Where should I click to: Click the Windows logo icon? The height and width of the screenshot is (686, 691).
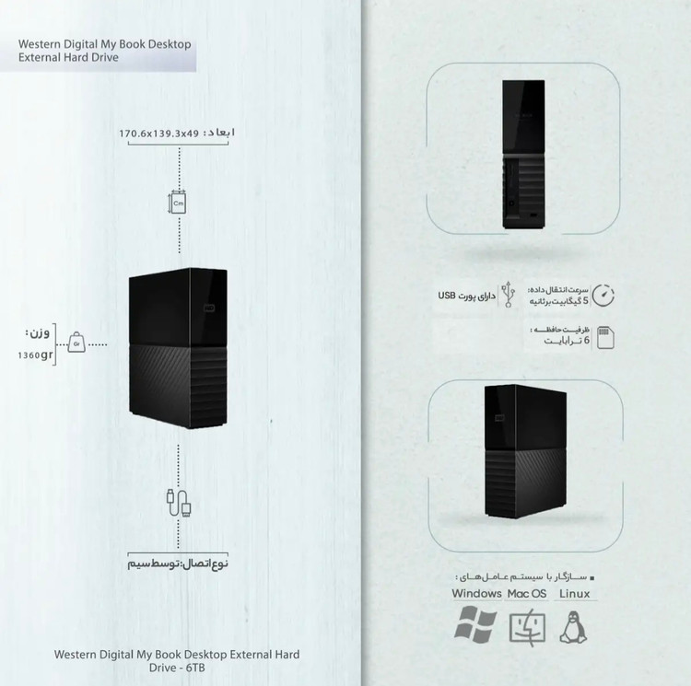coord(475,624)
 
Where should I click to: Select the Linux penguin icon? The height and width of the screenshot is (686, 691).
coord(573,627)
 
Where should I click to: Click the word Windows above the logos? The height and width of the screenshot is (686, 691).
coord(477,594)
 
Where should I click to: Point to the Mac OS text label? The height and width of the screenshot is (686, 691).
coord(527,594)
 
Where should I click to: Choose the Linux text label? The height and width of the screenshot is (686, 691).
coord(575,594)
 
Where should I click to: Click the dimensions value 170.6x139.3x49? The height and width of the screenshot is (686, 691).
coord(159,134)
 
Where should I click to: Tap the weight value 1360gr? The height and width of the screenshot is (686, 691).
coord(35,355)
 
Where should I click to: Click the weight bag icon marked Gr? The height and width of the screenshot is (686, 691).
coord(76,343)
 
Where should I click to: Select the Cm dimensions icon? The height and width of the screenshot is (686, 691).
coord(178,203)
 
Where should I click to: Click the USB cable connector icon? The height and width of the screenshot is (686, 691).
coord(179,503)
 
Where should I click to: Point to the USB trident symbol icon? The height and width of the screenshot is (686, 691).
coord(508,294)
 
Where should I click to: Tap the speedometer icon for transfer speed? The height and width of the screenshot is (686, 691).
coord(603,295)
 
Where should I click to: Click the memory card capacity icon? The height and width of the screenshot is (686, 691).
coord(605,337)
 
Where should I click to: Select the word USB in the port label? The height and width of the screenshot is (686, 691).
coord(447,296)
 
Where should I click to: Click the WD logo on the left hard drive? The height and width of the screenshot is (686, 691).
coord(209,307)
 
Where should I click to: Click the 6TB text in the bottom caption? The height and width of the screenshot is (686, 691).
coord(195,668)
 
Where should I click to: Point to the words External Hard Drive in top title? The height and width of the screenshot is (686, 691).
coord(68,58)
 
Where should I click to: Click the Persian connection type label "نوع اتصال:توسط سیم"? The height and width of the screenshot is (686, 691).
coord(178,564)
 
